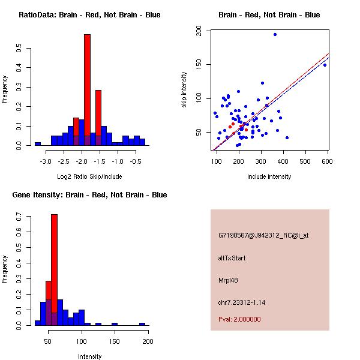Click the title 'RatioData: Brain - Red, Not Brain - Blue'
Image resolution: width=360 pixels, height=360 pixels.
[89, 15]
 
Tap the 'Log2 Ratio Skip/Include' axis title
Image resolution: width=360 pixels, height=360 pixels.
[89, 176]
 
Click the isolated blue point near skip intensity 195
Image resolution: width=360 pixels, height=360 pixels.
[275, 34]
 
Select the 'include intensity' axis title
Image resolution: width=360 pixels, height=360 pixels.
[269, 176]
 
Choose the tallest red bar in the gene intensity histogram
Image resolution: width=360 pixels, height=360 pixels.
[54, 264]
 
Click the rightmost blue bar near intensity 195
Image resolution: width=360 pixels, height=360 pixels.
[142, 324]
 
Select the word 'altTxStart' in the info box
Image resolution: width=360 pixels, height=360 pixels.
[232, 258]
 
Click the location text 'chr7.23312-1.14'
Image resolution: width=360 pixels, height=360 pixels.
[241, 302]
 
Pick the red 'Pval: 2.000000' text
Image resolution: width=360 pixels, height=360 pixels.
[239, 319]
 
